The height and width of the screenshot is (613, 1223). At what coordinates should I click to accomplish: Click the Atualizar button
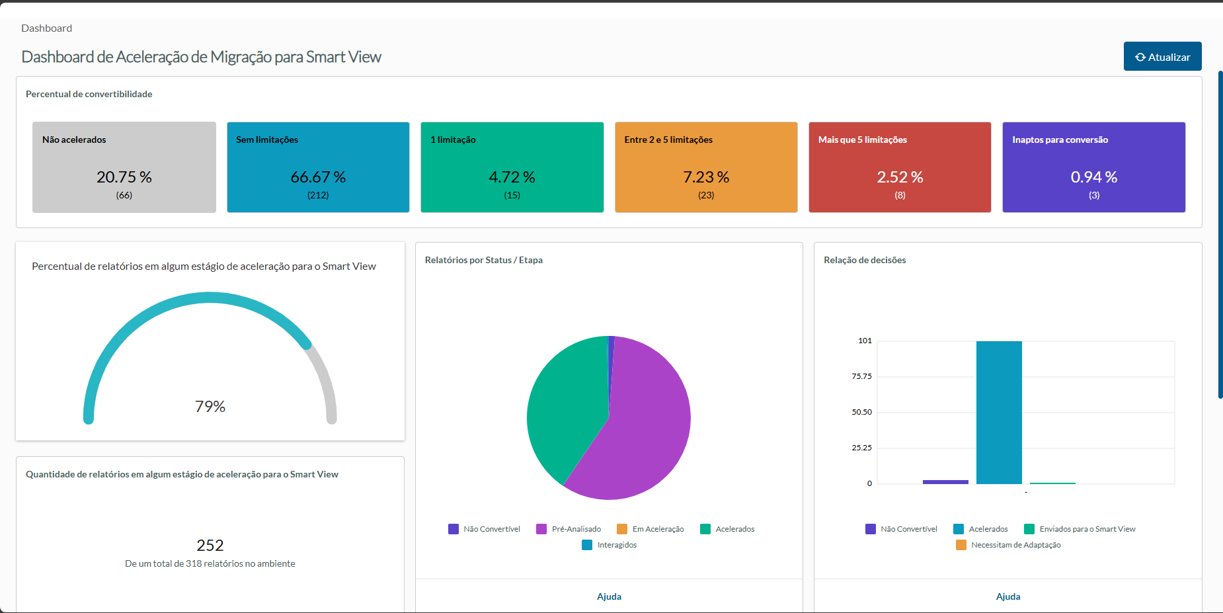click(1162, 57)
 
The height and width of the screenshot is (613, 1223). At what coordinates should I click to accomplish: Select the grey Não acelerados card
click(124, 167)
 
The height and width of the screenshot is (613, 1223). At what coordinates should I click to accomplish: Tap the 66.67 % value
click(318, 177)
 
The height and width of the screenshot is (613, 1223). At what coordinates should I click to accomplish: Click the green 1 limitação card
click(512, 167)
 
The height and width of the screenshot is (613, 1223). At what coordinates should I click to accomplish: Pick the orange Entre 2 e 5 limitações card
click(706, 167)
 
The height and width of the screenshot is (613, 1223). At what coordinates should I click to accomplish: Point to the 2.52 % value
click(900, 177)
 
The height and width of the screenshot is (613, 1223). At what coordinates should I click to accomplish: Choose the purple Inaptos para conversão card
click(1093, 167)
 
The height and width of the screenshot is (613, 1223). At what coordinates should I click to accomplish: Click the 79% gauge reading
click(210, 407)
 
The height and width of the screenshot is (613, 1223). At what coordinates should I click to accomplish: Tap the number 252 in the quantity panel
click(210, 546)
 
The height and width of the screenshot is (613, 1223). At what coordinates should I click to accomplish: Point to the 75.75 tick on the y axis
click(861, 376)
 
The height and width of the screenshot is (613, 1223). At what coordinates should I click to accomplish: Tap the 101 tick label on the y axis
click(865, 341)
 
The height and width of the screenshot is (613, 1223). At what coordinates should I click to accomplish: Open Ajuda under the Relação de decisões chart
click(1008, 596)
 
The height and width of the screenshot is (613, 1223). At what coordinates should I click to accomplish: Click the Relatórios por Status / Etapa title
click(484, 260)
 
